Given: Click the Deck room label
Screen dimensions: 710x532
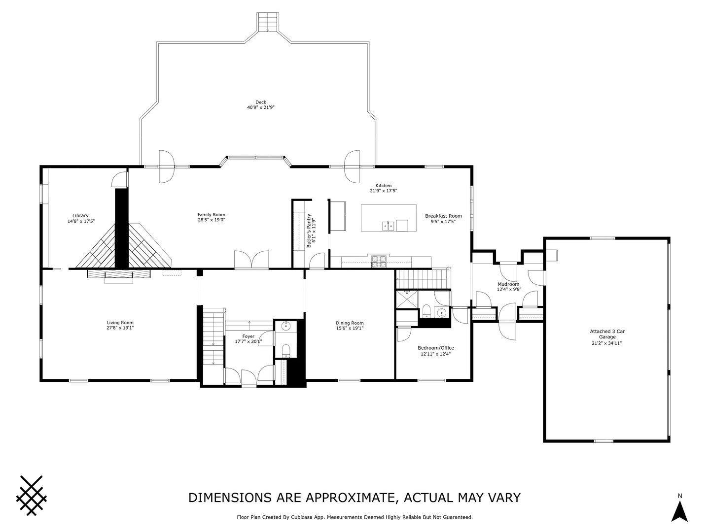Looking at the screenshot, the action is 261,102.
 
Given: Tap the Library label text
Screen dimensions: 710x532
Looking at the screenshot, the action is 80,216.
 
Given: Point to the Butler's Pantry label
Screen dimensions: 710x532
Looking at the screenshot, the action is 309,231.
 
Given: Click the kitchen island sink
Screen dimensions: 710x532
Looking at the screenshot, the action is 389,226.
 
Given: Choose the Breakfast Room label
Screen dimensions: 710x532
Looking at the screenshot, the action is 443,216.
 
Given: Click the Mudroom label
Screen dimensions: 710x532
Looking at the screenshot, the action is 508,284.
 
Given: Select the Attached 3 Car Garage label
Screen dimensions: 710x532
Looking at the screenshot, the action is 607,334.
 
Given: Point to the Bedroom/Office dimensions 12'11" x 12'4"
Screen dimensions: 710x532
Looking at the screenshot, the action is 436,354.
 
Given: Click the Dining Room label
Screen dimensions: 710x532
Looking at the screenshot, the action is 350,323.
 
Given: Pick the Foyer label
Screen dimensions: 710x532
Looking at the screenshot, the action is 248,336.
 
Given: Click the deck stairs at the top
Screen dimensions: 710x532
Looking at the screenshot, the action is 268,22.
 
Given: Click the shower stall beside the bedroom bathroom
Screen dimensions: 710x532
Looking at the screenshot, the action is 407,299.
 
